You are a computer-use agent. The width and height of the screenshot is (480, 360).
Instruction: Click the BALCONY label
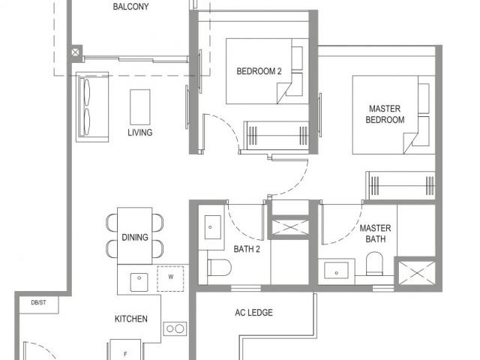click(130, 7)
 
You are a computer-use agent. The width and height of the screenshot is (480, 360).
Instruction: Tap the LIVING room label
click(139, 133)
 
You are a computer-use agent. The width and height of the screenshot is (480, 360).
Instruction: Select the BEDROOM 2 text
click(259, 72)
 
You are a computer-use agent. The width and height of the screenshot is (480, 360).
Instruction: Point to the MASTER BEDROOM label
click(385, 114)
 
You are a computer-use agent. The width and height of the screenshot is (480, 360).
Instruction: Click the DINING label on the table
click(135, 238)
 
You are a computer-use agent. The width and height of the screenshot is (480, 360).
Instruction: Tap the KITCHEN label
click(130, 319)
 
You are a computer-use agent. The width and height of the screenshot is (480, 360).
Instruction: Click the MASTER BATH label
click(374, 233)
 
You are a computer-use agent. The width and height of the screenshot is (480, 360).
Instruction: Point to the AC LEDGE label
click(254, 313)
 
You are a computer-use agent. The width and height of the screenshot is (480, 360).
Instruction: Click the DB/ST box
click(38, 303)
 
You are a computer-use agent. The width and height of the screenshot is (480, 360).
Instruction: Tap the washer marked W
click(171, 277)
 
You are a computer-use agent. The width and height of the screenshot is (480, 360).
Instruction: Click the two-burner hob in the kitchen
click(175, 328)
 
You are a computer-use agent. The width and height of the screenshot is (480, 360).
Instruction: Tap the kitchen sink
click(138, 280)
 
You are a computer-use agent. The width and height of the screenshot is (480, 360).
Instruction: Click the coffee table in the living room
click(139, 106)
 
